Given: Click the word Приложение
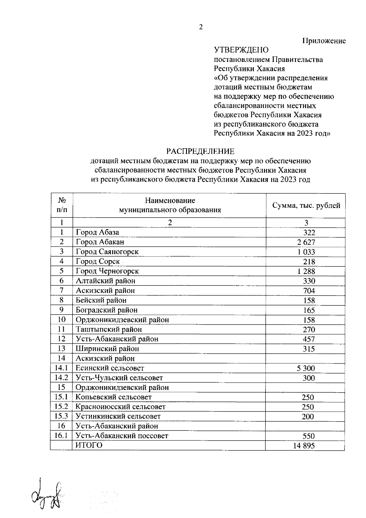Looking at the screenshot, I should (324, 41).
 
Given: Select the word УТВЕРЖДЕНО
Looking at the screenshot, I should (241, 50).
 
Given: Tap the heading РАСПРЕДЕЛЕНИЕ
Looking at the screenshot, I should (200, 151).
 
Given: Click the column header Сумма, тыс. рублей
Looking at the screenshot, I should (306, 206).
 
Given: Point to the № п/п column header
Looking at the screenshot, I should (62, 205).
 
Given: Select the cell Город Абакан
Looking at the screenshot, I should (100, 242).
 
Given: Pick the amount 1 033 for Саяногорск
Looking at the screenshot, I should (306, 252).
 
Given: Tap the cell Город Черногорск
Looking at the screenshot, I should (107, 271).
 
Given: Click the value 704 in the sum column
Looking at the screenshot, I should (309, 291).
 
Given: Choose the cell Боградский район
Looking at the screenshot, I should (107, 310).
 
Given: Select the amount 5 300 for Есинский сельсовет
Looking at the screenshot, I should (306, 369).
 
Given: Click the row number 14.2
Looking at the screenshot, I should (61, 378).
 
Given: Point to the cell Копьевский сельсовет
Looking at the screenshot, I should (113, 397).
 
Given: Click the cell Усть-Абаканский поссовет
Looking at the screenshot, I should (122, 436).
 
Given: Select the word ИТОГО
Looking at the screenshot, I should (89, 445).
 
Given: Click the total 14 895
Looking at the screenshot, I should (304, 446).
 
